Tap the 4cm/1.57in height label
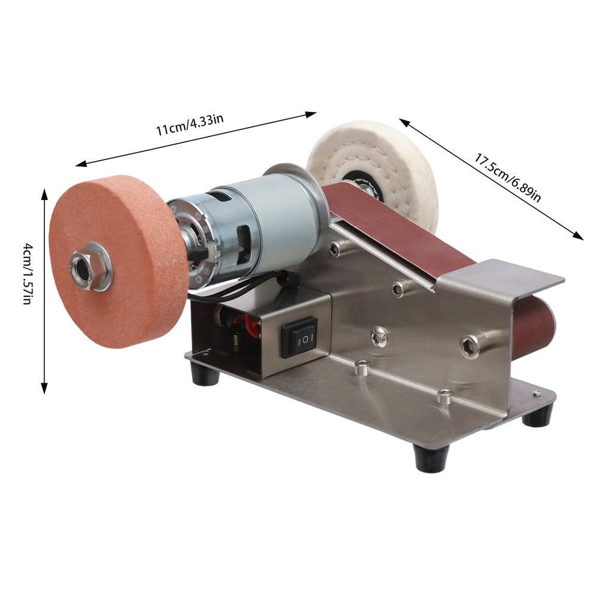tap(27, 273)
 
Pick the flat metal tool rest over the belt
tap(503, 276)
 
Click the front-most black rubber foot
tap(431, 458)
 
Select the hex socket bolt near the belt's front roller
tap(471, 346)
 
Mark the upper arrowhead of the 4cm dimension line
tap(44, 193)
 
